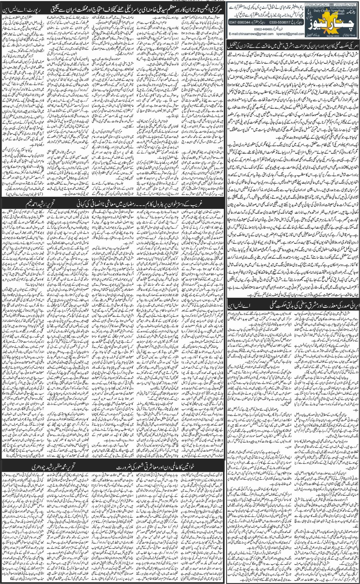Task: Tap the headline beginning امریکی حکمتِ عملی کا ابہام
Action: pos(292,46)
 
